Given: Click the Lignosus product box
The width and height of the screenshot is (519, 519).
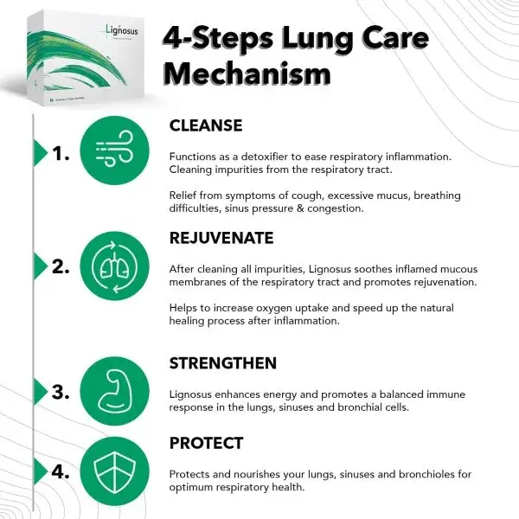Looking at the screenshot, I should coord(86,56).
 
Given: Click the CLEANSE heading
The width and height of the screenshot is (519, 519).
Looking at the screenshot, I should coord(205,125).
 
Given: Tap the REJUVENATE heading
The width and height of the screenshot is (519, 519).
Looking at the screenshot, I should coord(221,237).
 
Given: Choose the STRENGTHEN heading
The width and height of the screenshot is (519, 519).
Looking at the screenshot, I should coord(223,362).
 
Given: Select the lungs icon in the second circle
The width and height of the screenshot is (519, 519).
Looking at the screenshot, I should coord(113,265).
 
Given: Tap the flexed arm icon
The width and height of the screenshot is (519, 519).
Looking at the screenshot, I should coord(113,390).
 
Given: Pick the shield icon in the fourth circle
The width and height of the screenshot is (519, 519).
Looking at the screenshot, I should coord(113,471).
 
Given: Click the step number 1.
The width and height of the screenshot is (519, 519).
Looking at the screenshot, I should coord(60,154).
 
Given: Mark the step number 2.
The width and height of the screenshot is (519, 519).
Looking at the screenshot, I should coord(60,266).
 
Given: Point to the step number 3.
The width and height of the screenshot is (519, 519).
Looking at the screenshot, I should coord(60,391).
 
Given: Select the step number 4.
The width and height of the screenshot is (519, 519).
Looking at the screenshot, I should coord(60,472).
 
